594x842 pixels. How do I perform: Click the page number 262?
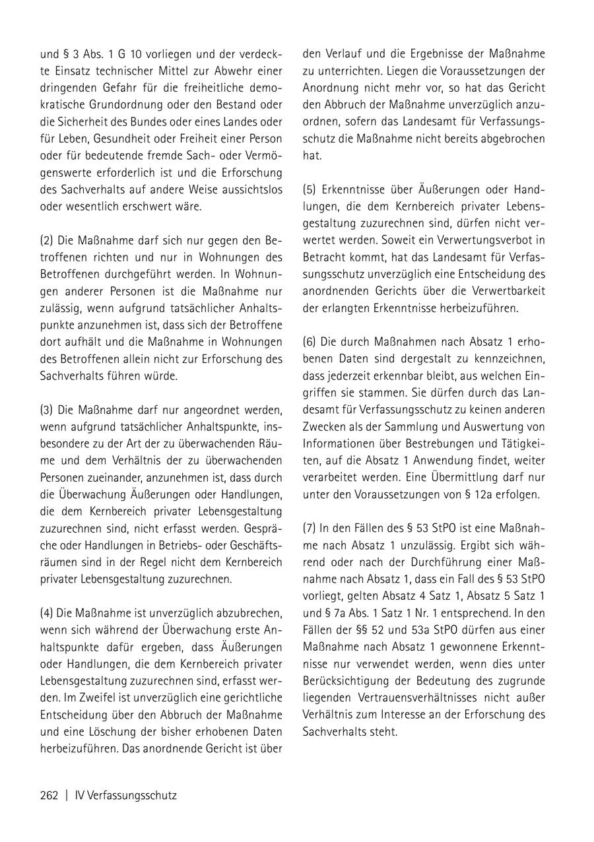(x=49, y=795)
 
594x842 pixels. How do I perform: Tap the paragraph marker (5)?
(x=310, y=189)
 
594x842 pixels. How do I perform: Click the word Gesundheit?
(x=128, y=139)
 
